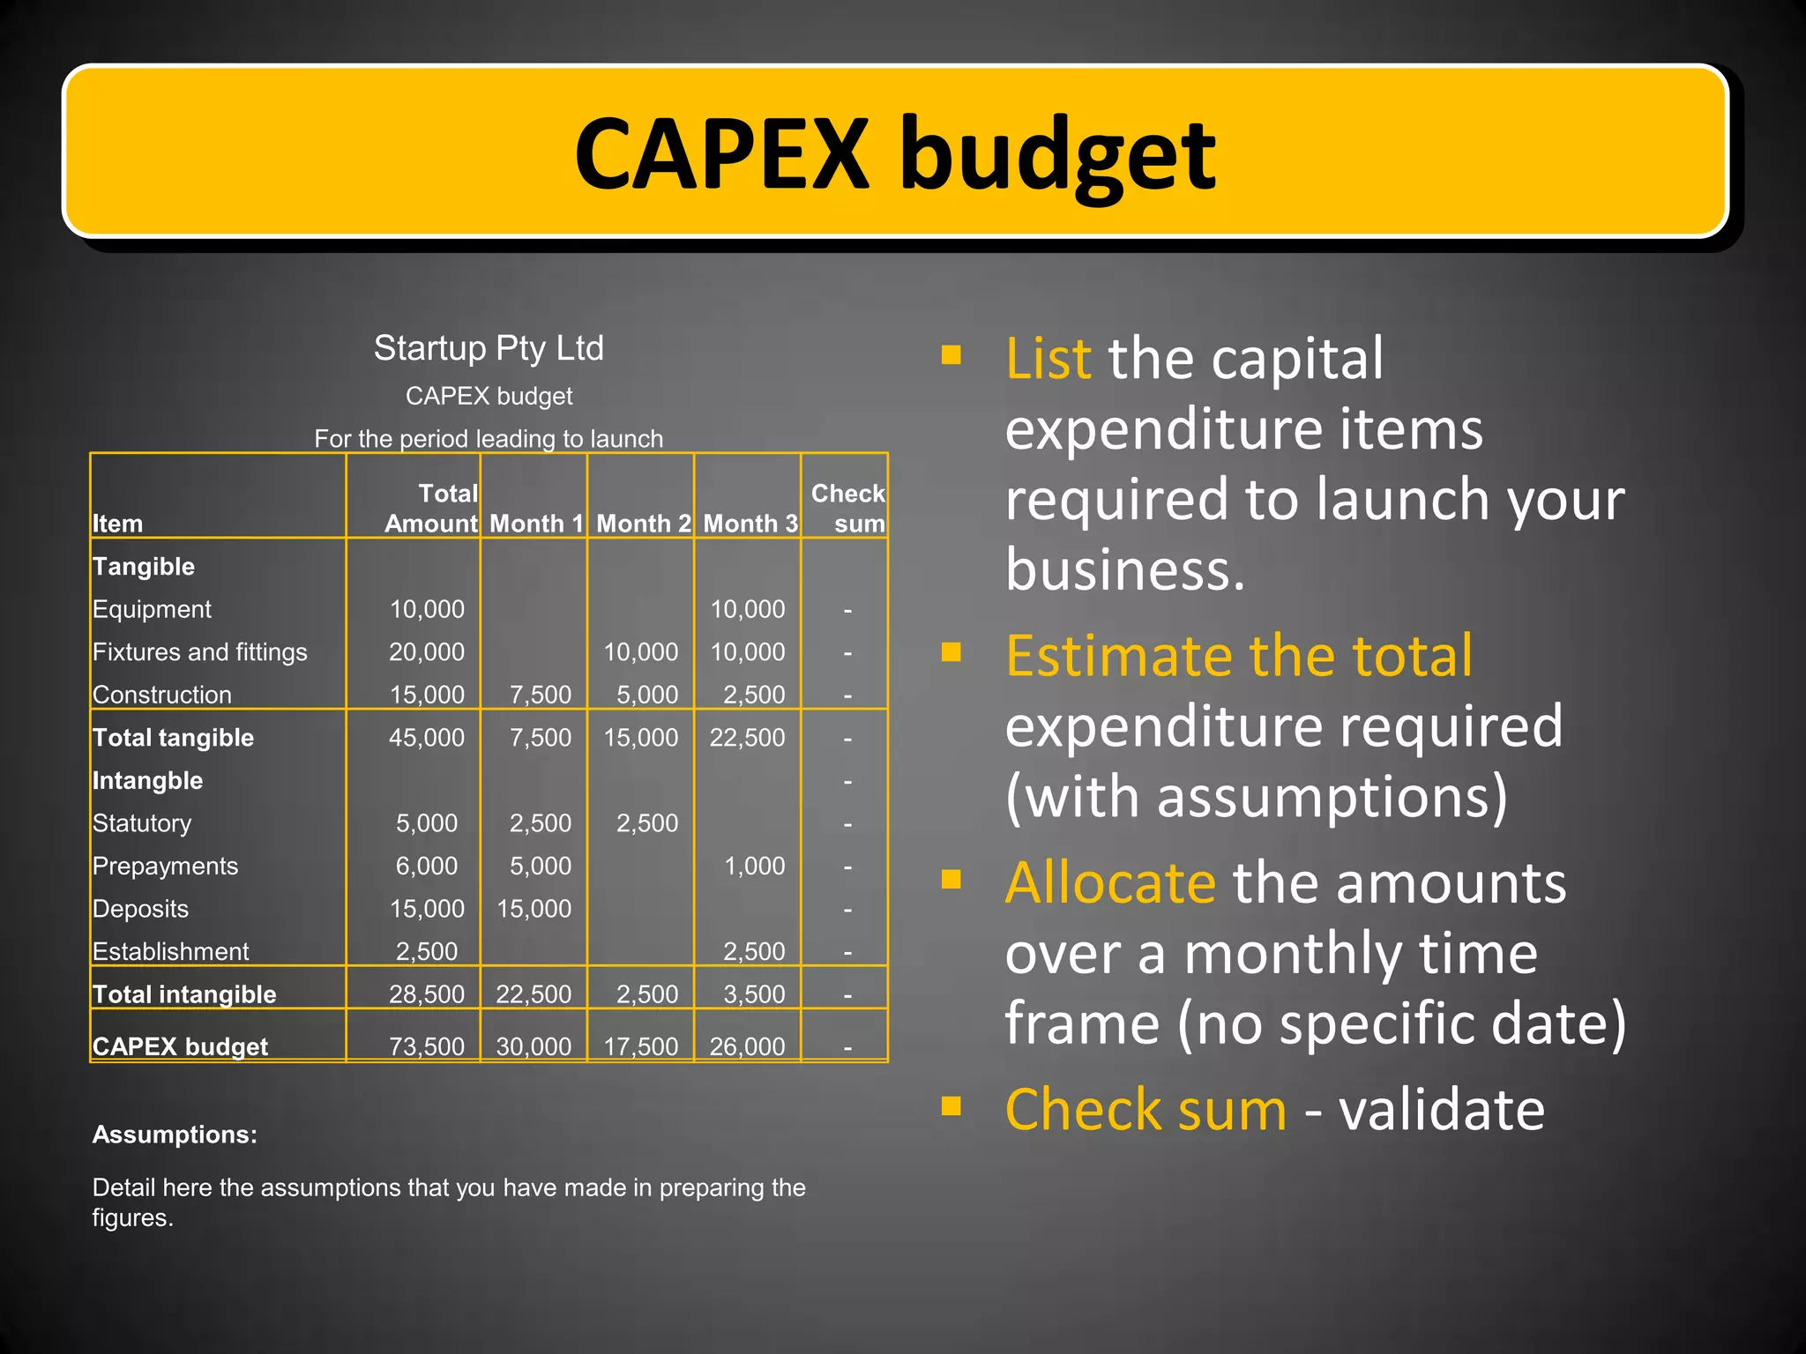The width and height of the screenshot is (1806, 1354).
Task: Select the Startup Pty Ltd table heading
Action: pyautogui.click(x=489, y=348)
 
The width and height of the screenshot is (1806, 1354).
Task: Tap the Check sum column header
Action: pyautogui.click(x=847, y=508)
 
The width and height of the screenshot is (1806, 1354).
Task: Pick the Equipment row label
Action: pyautogui.click(x=152, y=609)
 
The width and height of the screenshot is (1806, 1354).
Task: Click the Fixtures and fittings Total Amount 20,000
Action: pyautogui.click(x=427, y=652)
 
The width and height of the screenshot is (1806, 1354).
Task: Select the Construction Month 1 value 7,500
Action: pyautogui.click(x=540, y=695)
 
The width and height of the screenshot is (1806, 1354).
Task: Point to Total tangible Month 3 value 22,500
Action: pyautogui.click(x=747, y=738)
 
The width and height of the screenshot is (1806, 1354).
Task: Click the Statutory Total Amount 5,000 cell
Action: pyautogui.click(x=427, y=823)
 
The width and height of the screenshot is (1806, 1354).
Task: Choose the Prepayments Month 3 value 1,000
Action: pyautogui.click(x=754, y=867)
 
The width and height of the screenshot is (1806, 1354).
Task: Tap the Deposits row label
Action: pyautogui.click(x=140, y=909)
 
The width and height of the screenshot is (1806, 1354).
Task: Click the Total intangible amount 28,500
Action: pyautogui.click(x=427, y=994)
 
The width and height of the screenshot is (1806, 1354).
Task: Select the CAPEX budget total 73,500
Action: pyautogui.click(x=427, y=1046)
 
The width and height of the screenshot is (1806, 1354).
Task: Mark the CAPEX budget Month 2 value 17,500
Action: pyautogui.click(x=641, y=1046)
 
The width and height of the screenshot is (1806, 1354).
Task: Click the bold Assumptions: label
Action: pyautogui.click(x=175, y=1135)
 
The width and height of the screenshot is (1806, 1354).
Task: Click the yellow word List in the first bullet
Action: pyautogui.click(x=1048, y=359)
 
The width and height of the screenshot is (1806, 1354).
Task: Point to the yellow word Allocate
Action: pyautogui.click(x=1110, y=882)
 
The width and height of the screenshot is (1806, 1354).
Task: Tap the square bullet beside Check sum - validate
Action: pyautogui.click(x=951, y=1106)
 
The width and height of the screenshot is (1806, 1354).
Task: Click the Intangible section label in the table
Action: pyautogui.click(x=147, y=781)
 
